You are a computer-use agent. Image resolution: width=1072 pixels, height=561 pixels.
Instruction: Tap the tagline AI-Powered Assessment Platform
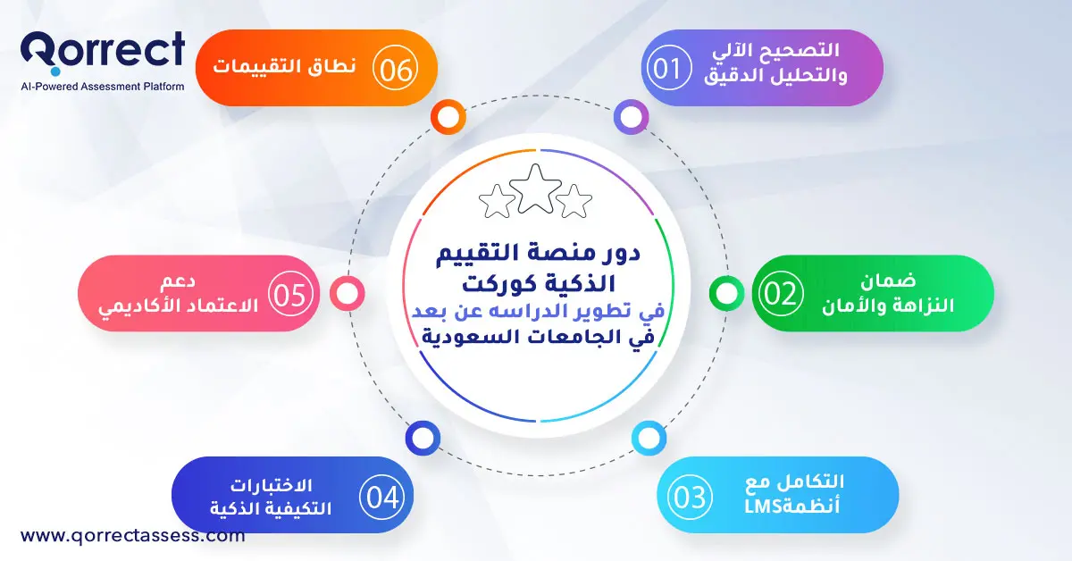point(103,87)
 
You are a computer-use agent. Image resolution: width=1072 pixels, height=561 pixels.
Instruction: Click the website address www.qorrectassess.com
point(132,536)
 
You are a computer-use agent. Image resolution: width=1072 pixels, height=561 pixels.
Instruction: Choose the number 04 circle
point(382,497)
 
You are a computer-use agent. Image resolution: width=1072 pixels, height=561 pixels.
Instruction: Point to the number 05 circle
point(289,295)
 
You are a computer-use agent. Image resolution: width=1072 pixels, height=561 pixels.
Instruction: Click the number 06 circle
point(394,69)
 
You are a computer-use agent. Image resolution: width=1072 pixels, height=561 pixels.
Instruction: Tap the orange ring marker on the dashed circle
point(448,116)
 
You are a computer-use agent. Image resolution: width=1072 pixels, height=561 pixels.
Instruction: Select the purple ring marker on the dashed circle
point(631,116)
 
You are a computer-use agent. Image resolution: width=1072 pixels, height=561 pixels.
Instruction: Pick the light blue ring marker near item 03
point(648,439)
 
